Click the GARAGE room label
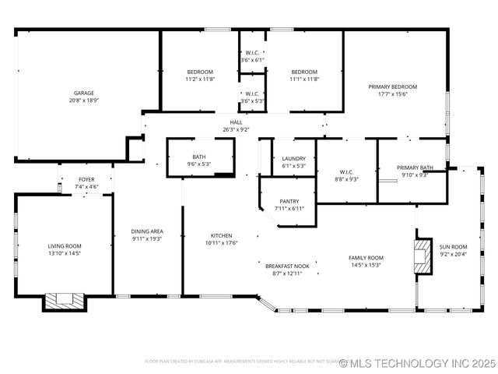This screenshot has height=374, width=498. (84, 93)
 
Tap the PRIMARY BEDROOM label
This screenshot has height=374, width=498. (393, 86)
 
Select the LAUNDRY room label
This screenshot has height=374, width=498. (293, 158)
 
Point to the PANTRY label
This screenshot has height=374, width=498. (289, 201)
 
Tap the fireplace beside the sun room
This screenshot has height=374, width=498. (423, 256)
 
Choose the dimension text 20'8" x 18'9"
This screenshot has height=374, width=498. (84, 101)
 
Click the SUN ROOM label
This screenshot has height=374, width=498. (454, 246)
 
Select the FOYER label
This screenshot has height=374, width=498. (86, 179)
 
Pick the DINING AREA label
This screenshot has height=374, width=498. (147, 231)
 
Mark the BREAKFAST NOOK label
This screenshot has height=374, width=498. (287, 266)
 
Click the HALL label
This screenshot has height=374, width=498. (237, 122)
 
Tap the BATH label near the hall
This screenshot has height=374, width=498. (199, 157)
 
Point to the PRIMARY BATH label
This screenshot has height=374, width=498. (415, 168)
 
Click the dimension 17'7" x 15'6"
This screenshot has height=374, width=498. (393, 94)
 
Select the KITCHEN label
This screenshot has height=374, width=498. (221, 235)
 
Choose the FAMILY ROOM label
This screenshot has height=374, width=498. (366, 258)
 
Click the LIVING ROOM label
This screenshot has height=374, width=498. (65, 246)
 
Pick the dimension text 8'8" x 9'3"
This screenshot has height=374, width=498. (347, 179)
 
